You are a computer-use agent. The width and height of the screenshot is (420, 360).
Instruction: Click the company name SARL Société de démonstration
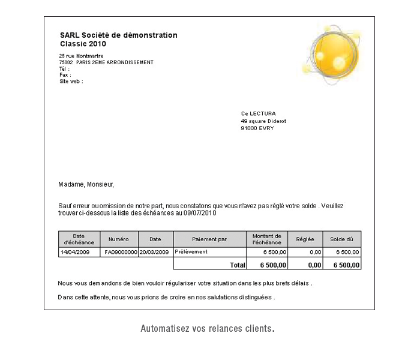click(119, 35)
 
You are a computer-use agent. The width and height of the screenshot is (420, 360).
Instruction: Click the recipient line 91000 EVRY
click(257, 128)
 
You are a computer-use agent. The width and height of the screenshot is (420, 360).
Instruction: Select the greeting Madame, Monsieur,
click(86, 184)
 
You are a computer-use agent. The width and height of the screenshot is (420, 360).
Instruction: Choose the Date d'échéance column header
click(79, 239)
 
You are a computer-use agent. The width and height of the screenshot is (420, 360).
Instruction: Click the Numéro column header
click(119, 239)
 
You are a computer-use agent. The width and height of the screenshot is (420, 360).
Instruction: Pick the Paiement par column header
click(209, 239)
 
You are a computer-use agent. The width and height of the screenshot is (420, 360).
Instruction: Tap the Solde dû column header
click(342, 239)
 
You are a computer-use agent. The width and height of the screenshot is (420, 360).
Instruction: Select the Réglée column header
click(305, 239)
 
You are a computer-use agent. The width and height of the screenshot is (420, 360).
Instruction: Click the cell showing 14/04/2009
click(75, 252)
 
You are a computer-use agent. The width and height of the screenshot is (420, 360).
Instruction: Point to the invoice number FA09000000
click(121, 252)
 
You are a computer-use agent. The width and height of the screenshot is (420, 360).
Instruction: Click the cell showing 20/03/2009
click(155, 252)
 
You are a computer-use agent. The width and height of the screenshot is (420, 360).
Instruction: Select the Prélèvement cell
click(191, 252)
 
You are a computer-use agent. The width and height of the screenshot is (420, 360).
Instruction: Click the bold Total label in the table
click(238, 264)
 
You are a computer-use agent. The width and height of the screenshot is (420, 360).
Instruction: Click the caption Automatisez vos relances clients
click(208, 329)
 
